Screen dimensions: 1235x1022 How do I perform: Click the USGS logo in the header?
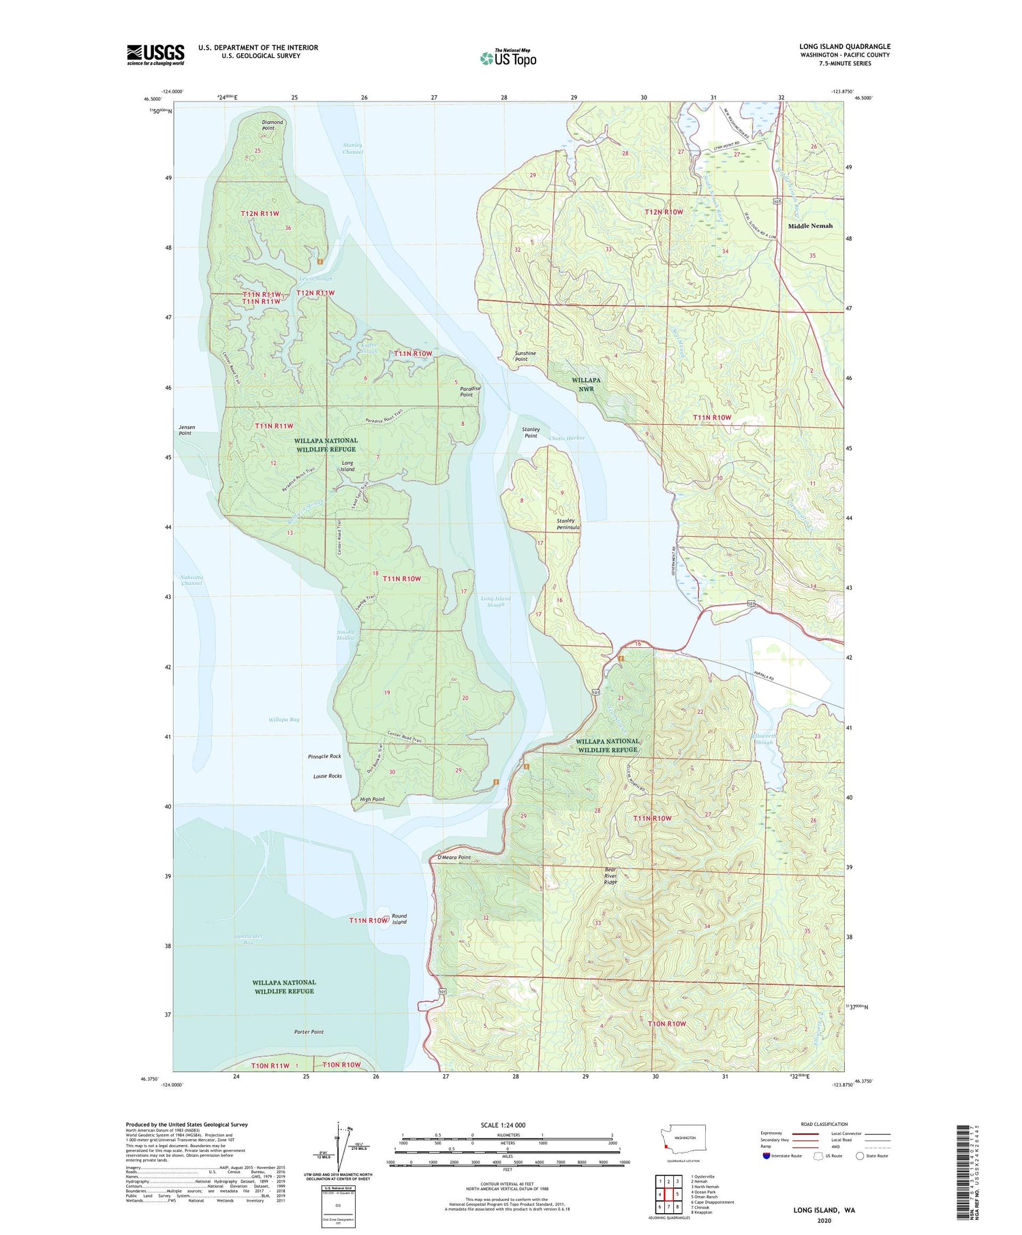click(155, 54)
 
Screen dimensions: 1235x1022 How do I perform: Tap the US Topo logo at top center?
click(508, 58)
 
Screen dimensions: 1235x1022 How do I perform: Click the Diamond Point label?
click(273, 125)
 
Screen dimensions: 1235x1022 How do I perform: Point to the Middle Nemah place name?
click(810, 225)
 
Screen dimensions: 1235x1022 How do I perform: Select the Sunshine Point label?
click(525, 356)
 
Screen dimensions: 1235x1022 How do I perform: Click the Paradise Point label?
click(466, 391)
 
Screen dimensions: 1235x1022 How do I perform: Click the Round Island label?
click(399, 919)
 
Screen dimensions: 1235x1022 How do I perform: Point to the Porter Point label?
click(309, 1031)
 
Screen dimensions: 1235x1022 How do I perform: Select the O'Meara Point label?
click(454, 857)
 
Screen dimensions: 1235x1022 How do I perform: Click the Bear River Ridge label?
click(610, 875)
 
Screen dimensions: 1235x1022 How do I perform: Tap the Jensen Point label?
click(185, 430)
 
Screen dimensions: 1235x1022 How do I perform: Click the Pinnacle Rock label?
click(324, 756)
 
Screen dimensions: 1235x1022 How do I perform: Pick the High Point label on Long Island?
click(372, 799)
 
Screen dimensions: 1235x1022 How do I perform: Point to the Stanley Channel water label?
click(353, 148)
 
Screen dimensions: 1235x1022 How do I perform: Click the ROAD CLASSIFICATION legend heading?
click(824, 1124)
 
